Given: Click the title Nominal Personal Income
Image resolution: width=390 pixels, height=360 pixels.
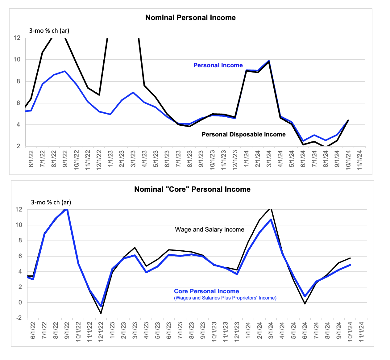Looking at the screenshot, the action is (190, 18).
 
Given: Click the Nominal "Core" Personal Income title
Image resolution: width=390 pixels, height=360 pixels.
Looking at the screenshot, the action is (192, 189).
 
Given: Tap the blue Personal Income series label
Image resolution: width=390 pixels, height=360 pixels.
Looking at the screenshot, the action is (218, 65).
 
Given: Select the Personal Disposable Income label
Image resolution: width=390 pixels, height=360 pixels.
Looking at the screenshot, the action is (243, 134).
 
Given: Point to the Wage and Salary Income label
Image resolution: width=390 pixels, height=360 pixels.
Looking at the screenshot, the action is (210, 229).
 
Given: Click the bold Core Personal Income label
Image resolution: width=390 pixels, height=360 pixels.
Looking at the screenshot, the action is (206, 291).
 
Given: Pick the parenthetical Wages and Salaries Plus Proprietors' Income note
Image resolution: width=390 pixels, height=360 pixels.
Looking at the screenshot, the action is (225, 298).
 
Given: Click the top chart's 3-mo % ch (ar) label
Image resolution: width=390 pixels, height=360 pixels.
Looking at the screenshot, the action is (49, 31).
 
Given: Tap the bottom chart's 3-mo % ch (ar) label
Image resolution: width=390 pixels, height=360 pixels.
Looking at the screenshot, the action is (51, 203).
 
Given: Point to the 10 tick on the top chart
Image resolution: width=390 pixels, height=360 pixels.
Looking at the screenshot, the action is (17, 59).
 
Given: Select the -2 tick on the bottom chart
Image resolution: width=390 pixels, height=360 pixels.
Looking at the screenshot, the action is (19, 318).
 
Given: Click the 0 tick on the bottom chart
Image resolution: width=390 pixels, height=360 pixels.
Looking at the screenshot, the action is (20, 303).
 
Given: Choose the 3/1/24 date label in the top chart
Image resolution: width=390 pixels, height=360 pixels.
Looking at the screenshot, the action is (269, 159).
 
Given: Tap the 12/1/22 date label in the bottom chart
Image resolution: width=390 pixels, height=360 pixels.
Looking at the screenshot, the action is (101, 332).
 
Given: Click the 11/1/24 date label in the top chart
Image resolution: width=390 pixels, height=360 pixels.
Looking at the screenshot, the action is (359, 160).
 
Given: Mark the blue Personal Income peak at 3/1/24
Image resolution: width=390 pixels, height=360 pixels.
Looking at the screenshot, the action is (269, 61).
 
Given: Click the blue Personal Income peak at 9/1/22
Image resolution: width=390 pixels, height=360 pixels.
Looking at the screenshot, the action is (65, 71).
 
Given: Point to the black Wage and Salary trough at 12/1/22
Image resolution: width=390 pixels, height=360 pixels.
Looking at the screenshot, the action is (101, 313).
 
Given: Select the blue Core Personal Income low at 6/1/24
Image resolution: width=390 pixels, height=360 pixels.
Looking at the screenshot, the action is (305, 296).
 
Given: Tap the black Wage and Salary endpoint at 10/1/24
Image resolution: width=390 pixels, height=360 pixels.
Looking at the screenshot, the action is (350, 258).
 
